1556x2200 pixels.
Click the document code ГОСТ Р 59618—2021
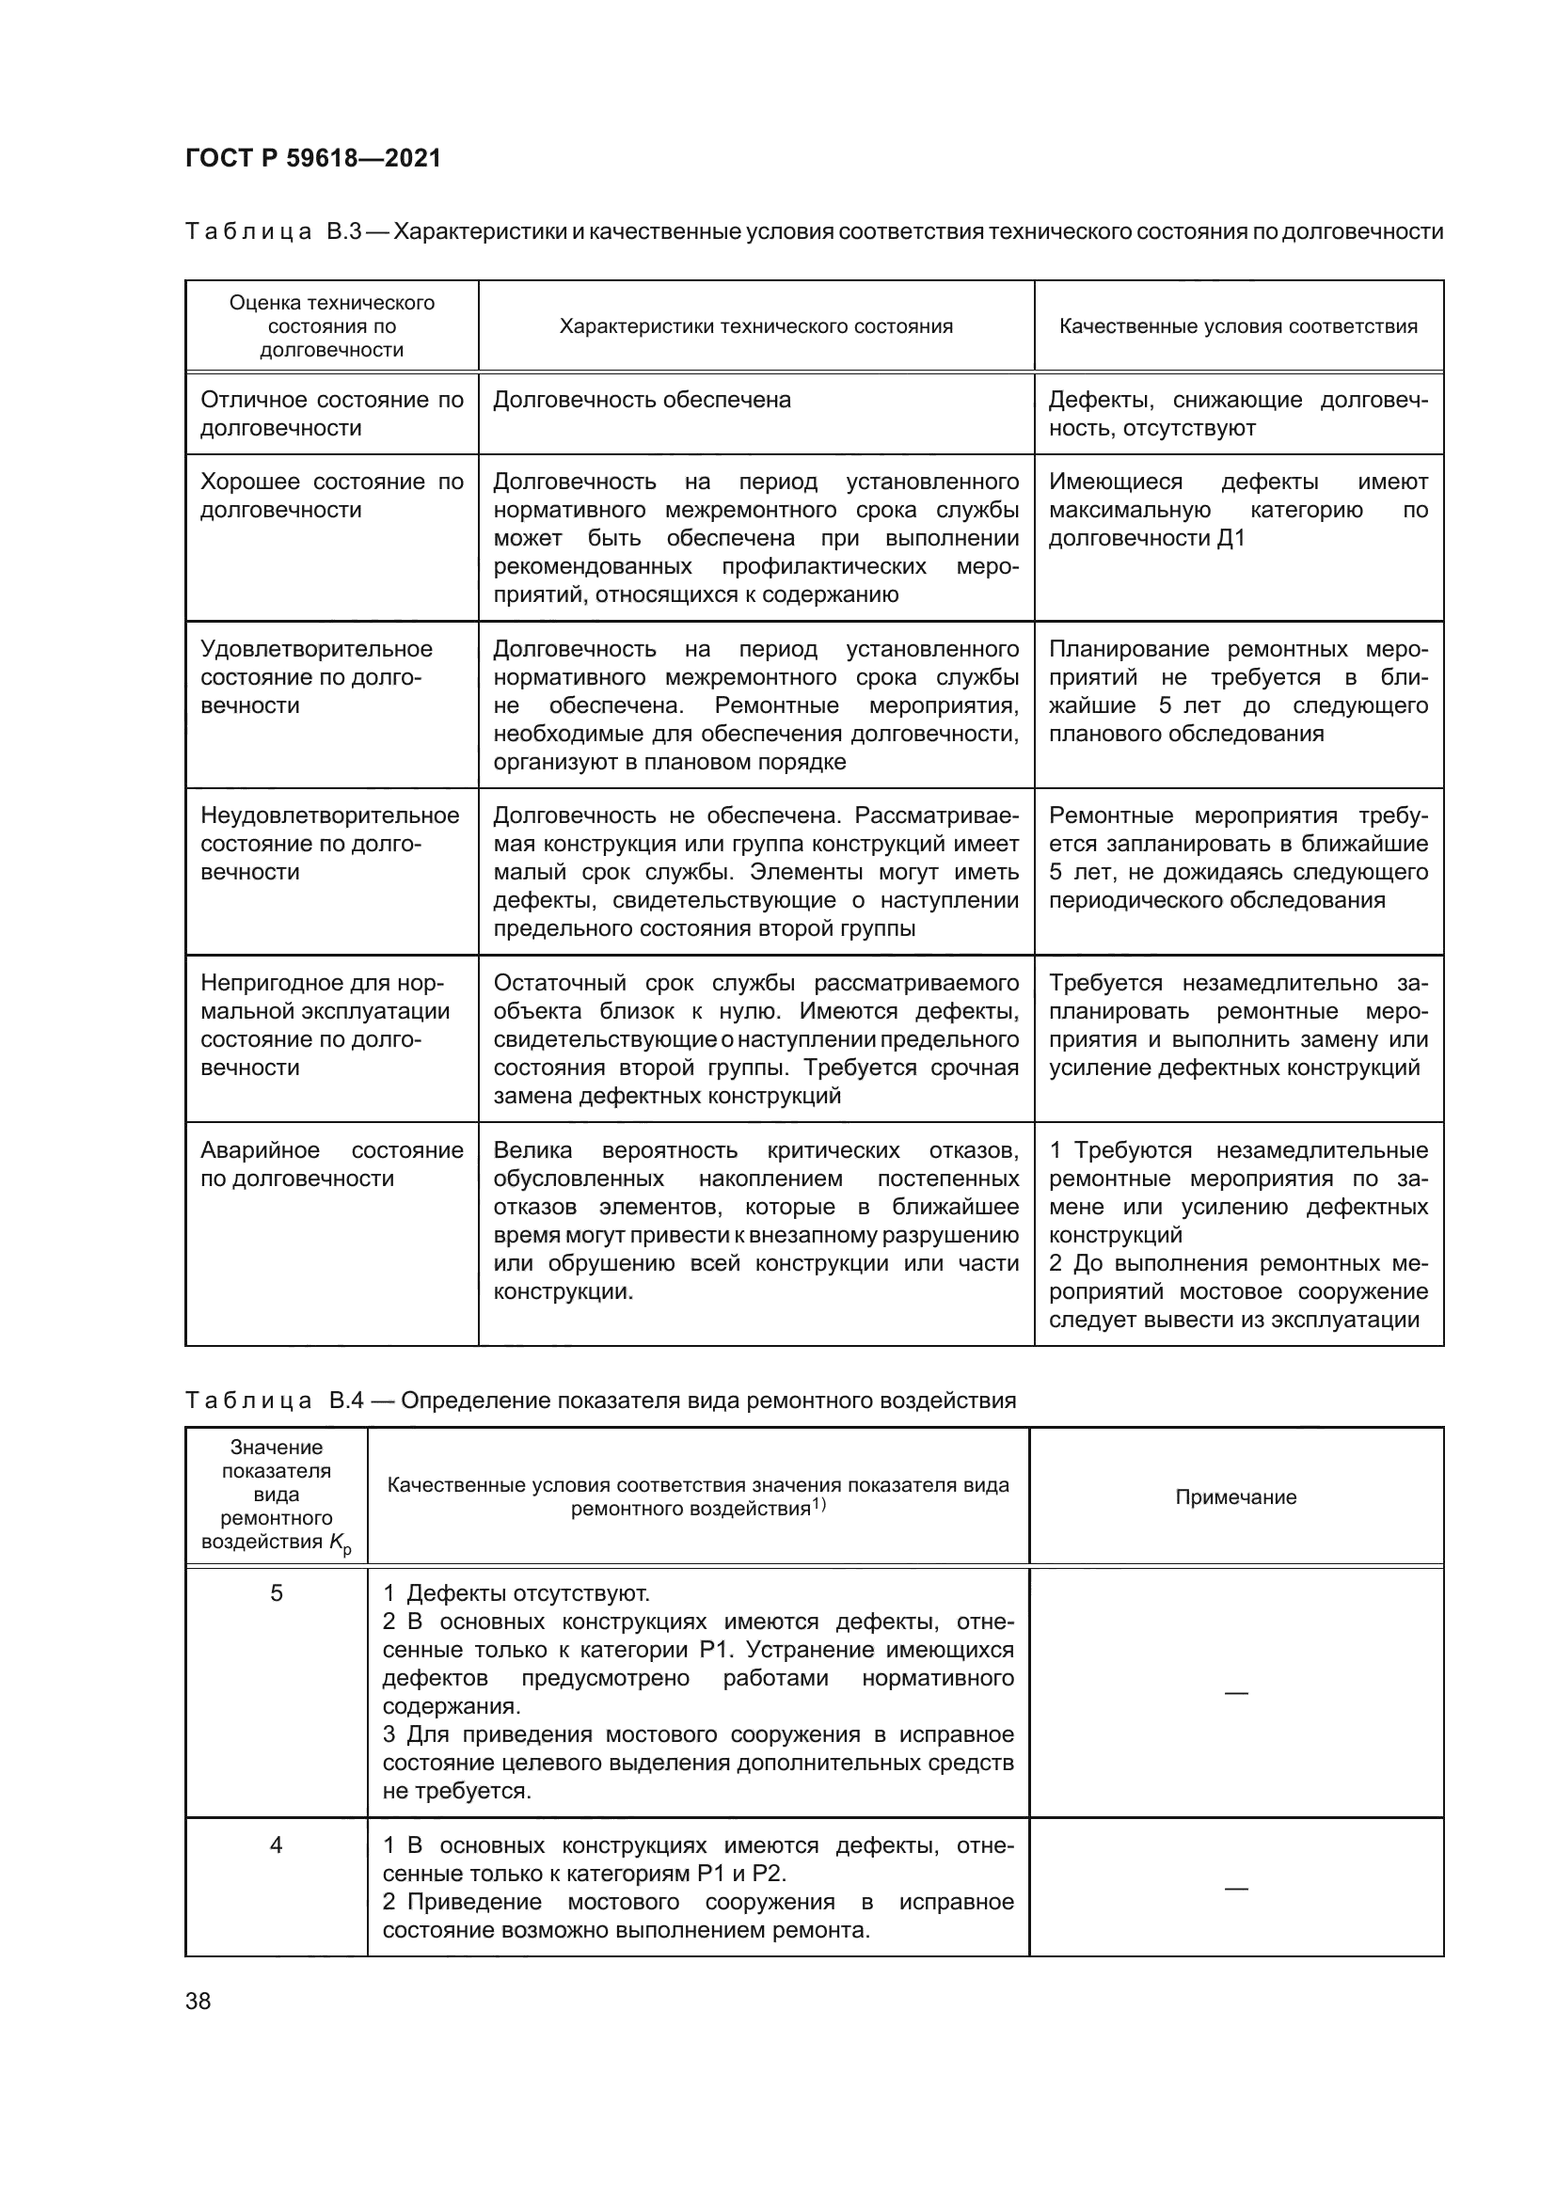click(313, 158)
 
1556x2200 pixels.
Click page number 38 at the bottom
click(198, 2001)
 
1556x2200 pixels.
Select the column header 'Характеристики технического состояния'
click(756, 326)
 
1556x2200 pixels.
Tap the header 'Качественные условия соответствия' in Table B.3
click(1238, 326)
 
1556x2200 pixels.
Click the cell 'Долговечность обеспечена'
click(642, 401)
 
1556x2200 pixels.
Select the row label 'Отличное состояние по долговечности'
click(331, 414)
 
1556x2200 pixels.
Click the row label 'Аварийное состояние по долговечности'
click(331, 1164)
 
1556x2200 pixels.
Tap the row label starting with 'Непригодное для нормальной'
click(325, 1025)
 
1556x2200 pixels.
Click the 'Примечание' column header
click(1236, 1497)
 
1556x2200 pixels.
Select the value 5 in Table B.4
click(276, 1593)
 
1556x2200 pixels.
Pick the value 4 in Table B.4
click(276, 1845)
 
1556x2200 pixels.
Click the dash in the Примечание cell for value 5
click(1236, 1693)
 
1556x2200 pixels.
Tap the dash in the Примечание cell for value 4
click(1236, 1889)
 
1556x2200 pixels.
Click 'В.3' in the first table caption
click(343, 232)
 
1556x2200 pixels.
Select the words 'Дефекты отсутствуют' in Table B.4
click(528, 1594)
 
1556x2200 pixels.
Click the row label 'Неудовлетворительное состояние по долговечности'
click(329, 843)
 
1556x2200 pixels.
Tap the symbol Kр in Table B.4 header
click(341, 1543)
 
